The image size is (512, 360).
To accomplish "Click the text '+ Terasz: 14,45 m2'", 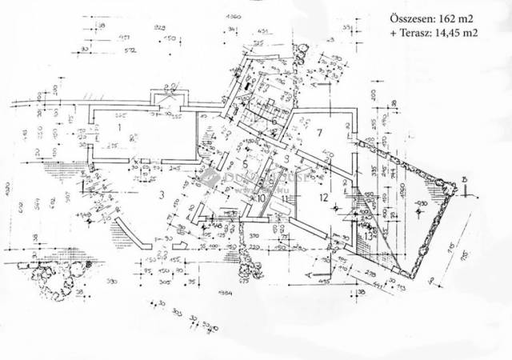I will pyautogui.click(x=434, y=33).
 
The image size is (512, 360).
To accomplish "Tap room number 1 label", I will pyautogui.click(x=116, y=126).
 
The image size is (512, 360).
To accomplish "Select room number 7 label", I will pyautogui.click(x=318, y=131).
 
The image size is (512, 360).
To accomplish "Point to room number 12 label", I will pyautogui.click(x=323, y=197).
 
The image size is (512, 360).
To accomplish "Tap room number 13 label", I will pyautogui.click(x=367, y=234).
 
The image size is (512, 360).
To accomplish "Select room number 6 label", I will pyautogui.click(x=274, y=122).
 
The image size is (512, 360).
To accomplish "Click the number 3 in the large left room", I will pyautogui.click(x=160, y=194).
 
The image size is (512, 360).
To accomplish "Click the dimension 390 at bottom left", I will pyautogui.click(x=113, y=282).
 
